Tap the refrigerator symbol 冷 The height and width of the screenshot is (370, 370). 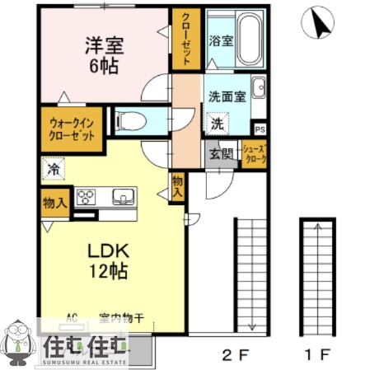click(53, 171)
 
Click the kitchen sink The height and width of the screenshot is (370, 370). click(121, 197)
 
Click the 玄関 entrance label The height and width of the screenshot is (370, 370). click(218, 153)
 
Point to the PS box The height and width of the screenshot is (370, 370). click(260, 130)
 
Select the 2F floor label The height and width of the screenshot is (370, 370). click(233, 355)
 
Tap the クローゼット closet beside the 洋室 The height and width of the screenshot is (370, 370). click(185, 40)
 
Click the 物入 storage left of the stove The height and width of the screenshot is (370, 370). click(54, 203)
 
